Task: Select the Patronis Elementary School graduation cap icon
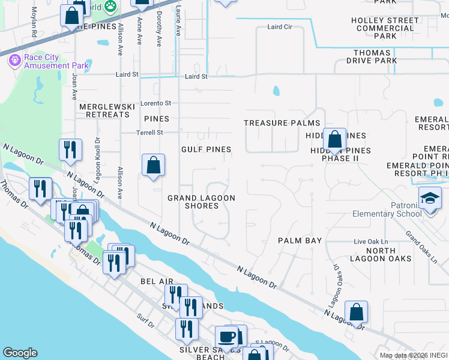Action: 430,199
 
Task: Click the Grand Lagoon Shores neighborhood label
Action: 201,202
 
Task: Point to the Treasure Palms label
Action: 274,123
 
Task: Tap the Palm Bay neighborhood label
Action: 300,241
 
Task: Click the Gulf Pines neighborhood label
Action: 206,149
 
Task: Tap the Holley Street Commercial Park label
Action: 384,28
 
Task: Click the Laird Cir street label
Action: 279,28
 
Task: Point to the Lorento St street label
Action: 155,103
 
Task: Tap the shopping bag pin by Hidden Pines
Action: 335,140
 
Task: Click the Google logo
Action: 20,353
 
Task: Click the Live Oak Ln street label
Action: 367,241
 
